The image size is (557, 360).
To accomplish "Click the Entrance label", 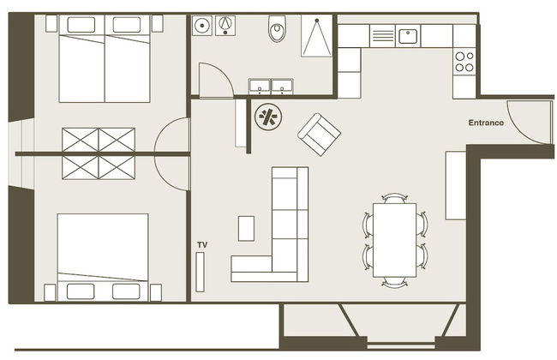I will (486, 123).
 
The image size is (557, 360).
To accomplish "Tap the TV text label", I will (202, 245).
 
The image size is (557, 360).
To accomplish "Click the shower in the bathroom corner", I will (317, 36).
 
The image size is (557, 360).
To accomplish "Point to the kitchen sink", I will (407, 36).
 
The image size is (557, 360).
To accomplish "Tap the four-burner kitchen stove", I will (464, 61).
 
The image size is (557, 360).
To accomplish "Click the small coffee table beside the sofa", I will (246, 228).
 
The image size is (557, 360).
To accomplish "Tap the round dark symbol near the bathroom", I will (268, 117).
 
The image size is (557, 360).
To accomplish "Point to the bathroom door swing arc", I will (216, 81).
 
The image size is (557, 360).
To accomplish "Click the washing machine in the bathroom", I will (202, 28).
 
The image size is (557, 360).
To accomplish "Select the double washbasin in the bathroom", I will (271, 86).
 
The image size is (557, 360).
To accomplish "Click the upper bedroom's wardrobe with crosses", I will (99, 140).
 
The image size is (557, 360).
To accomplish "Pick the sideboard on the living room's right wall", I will (456, 184).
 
